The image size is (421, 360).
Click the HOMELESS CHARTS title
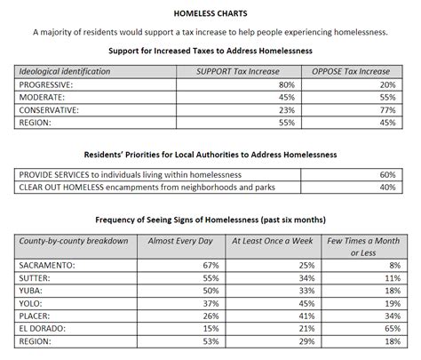[x=210, y=14]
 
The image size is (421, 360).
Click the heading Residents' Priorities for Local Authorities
[x=210, y=154]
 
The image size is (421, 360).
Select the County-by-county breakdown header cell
[x=74, y=241]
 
